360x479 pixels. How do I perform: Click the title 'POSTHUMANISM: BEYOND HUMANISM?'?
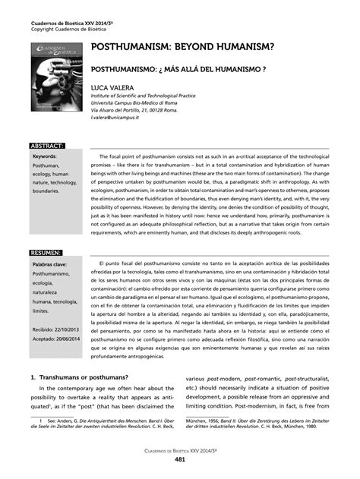(183, 47)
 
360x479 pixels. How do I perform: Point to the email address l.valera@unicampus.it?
(126, 118)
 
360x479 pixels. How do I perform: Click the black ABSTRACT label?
(46, 144)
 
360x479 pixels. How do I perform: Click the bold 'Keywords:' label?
(45, 156)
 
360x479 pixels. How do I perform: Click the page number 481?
(180, 459)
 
